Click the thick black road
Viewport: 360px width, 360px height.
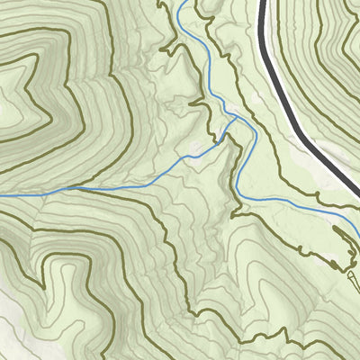286,90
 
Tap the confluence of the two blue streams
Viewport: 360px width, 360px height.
236,117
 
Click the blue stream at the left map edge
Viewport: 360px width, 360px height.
3,193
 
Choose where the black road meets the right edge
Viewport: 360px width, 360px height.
356,184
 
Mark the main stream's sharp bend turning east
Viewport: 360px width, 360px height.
241,196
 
